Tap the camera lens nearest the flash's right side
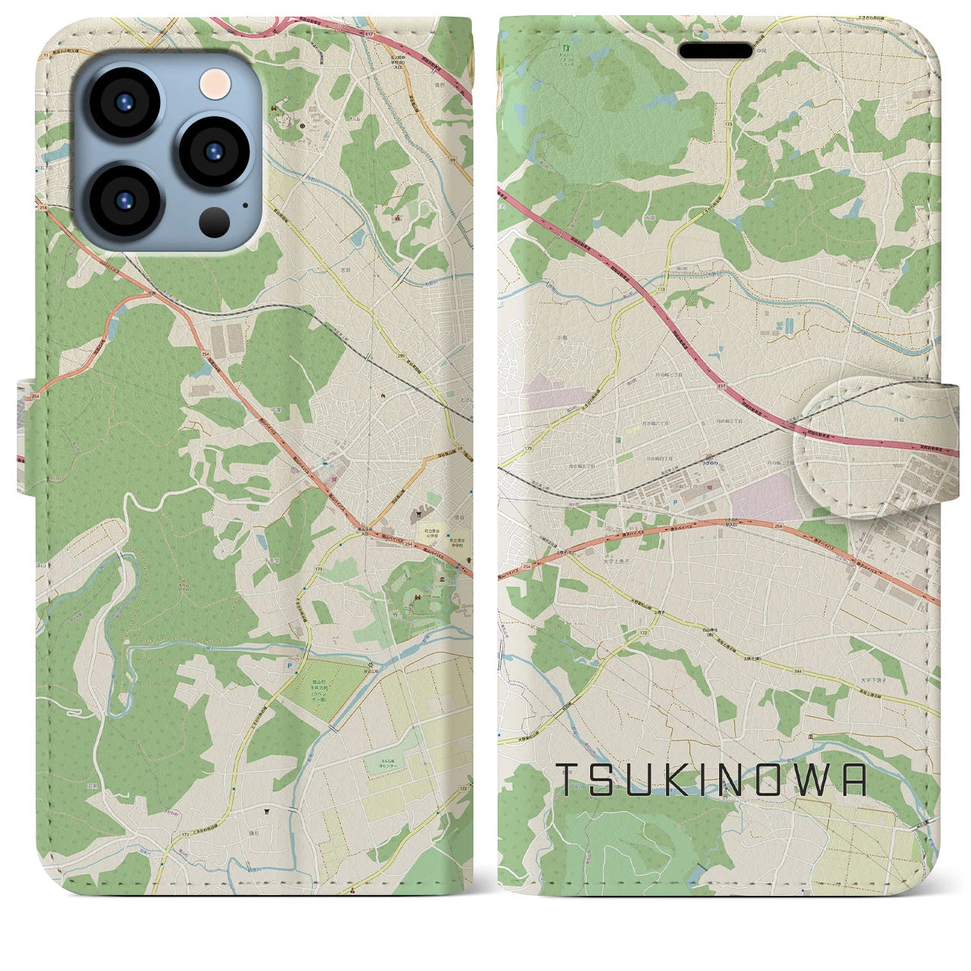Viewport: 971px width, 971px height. pyautogui.click(x=209, y=150)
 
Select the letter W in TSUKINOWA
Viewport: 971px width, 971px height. pyautogui.click(x=814, y=780)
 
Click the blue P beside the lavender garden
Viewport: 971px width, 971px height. pyautogui.click(x=287, y=665)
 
